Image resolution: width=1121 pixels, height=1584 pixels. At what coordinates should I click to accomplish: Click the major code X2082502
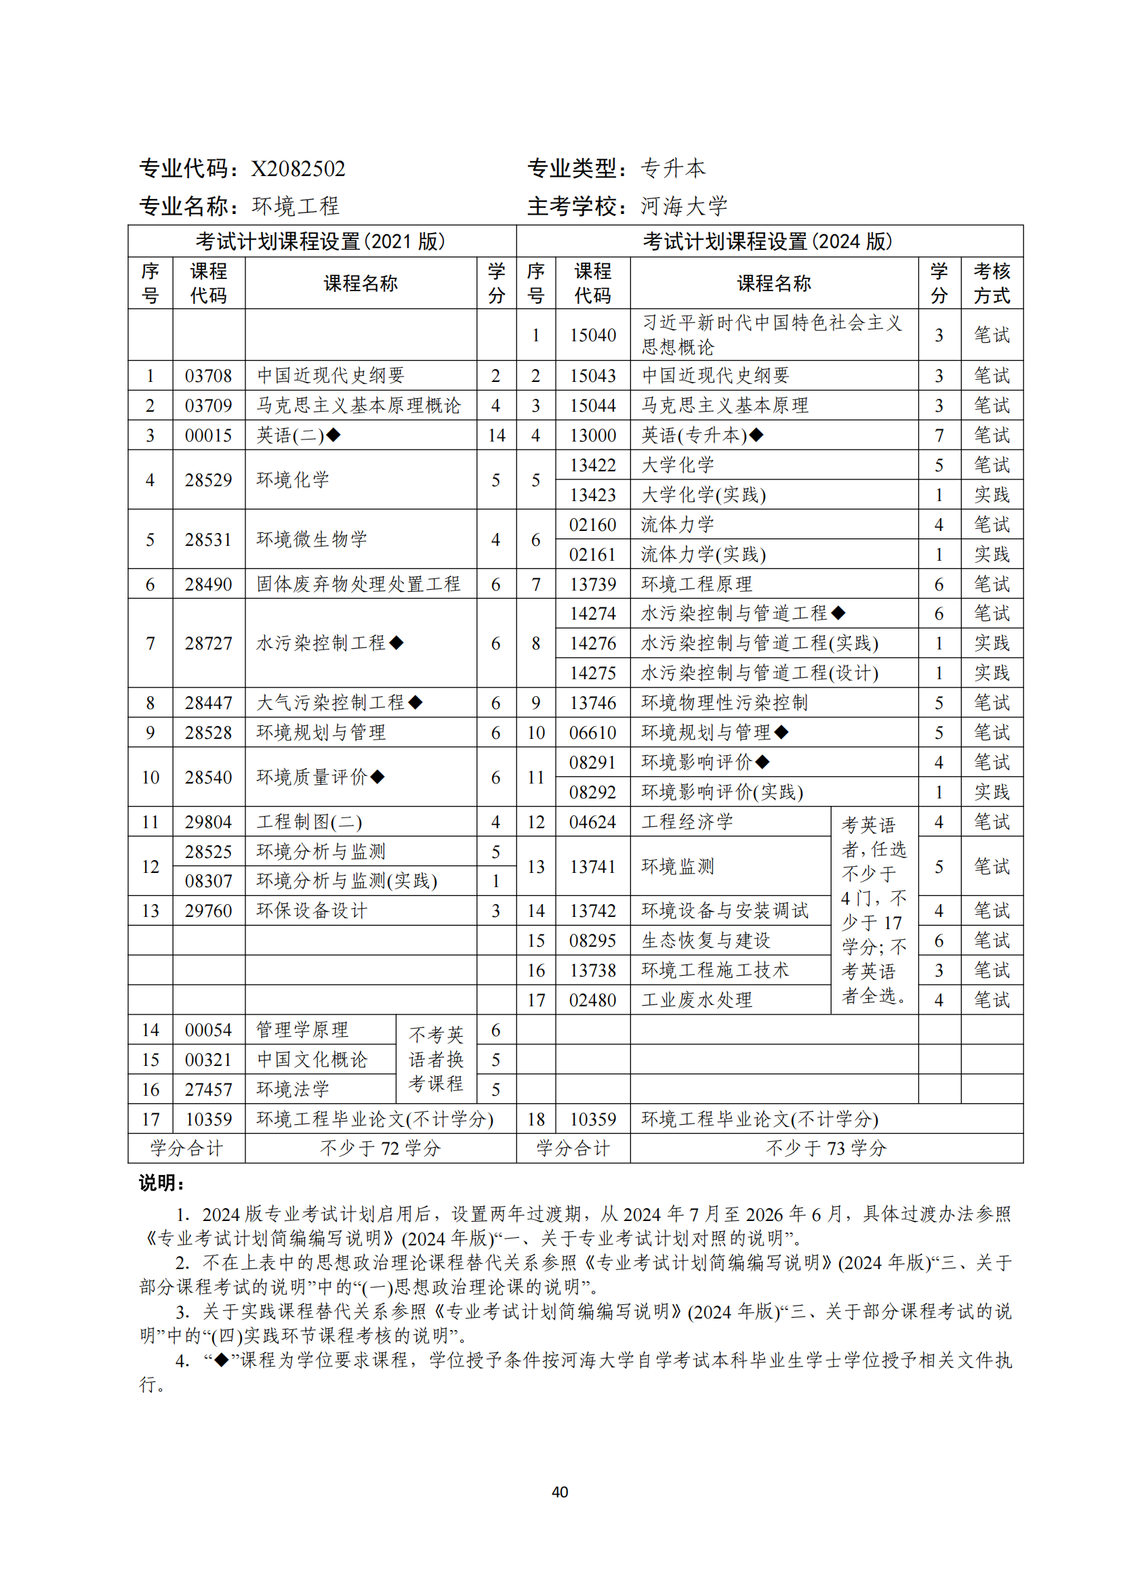(x=298, y=169)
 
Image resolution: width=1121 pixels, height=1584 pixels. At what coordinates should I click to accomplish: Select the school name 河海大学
(x=683, y=207)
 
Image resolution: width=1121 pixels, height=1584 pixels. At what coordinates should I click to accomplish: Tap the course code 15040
(x=592, y=335)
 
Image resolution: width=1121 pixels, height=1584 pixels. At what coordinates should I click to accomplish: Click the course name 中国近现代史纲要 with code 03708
(x=331, y=376)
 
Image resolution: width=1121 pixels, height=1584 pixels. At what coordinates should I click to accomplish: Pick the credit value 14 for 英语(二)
(x=495, y=436)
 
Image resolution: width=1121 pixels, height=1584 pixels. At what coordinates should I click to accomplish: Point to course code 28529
(x=208, y=480)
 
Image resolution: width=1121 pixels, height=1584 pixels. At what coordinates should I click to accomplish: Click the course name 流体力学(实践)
(x=703, y=555)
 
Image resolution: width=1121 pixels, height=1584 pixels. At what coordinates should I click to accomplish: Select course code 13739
(x=592, y=585)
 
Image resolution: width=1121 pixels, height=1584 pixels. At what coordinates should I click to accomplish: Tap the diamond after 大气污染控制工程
(x=415, y=703)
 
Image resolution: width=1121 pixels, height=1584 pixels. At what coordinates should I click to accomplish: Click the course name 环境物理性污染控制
(x=724, y=703)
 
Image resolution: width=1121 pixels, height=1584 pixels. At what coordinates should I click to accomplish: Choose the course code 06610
(x=592, y=733)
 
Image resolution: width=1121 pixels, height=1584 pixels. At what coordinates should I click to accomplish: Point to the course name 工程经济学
(x=687, y=822)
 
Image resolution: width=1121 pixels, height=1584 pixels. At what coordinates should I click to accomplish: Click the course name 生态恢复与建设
(x=706, y=941)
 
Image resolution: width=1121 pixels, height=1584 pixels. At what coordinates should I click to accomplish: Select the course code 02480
(x=592, y=1000)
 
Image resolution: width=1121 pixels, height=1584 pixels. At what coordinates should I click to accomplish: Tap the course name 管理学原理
(x=302, y=1031)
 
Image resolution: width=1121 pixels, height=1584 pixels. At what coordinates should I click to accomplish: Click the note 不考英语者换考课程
(x=436, y=1060)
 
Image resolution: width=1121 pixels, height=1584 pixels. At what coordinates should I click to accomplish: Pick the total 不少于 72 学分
(x=380, y=1149)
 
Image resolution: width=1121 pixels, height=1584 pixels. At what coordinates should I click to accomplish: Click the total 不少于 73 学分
(x=826, y=1149)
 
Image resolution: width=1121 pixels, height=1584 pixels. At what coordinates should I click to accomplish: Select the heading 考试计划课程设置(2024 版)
(x=769, y=242)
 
